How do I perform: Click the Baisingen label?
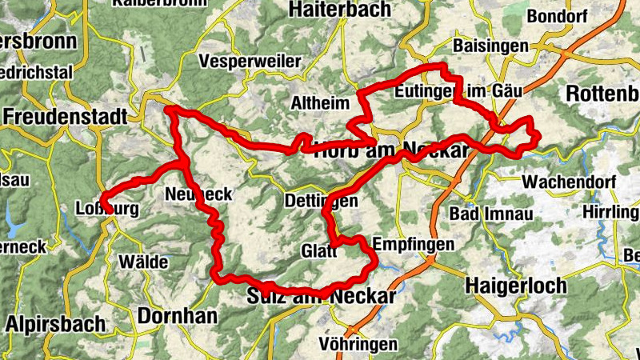490,46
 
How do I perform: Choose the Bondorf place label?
558,16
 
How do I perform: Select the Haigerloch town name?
515,285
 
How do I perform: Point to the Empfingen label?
414,245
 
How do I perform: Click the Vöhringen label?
358,345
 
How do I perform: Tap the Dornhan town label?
177,316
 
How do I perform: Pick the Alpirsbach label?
55,324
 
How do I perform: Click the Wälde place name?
143,262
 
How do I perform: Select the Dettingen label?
321,202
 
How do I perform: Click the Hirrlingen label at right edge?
612,212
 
